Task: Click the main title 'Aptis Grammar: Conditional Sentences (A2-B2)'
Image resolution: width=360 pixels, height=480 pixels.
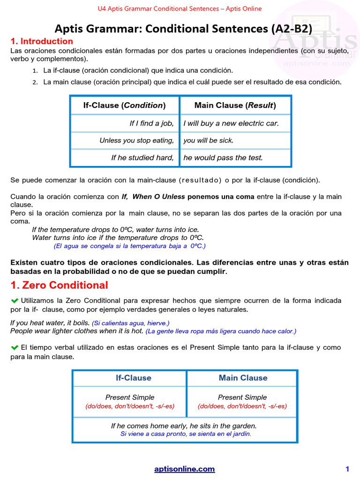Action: [183, 29]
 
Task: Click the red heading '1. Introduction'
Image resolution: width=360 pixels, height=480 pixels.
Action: [42, 41]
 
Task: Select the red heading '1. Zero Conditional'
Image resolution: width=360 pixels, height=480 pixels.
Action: [59, 285]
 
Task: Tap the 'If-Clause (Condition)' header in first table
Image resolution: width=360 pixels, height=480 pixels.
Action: [124, 105]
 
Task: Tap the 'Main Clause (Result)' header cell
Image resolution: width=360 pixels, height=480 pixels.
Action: [235, 105]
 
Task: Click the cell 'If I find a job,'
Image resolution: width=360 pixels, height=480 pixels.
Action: [151, 123]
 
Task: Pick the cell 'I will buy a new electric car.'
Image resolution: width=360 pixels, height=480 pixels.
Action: [231, 123]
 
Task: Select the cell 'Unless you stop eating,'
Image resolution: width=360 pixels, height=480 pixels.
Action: [136, 140]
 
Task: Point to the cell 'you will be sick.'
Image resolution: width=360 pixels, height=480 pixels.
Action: [208, 140]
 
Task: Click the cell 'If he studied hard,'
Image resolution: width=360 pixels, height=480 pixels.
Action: [142, 157]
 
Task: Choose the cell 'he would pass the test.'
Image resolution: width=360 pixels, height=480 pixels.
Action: [223, 157]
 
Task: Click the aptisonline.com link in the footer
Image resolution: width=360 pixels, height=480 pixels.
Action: [184, 469]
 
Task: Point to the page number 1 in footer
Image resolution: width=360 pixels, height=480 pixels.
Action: [347, 469]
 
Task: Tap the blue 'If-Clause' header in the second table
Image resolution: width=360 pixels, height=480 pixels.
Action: [134, 378]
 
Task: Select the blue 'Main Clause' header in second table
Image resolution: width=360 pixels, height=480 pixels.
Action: [243, 378]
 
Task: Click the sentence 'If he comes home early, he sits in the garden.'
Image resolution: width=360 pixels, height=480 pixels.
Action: [184, 426]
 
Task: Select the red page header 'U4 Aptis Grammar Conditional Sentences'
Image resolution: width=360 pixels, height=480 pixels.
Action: [180, 8]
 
